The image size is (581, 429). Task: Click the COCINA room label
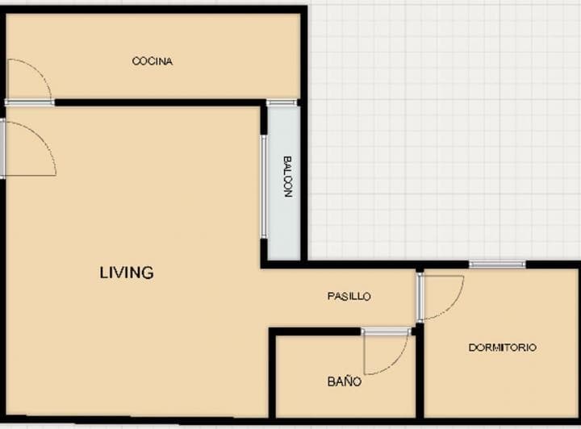(153, 61)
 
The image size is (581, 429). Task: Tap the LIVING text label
(127, 273)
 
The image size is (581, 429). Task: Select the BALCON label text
(286, 177)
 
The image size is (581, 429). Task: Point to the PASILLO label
(349, 297)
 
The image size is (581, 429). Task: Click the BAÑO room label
(345, 381)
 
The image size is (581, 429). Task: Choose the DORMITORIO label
(502, 348)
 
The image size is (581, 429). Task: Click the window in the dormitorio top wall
(497, 264)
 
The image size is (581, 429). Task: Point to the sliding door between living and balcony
(264, 185)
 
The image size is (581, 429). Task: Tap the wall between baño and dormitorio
(419, 371)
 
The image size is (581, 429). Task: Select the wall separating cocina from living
(161, 102)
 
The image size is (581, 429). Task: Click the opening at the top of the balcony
(282, 102)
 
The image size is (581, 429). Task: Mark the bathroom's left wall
(272, 375)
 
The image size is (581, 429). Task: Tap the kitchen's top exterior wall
(153, 10)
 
